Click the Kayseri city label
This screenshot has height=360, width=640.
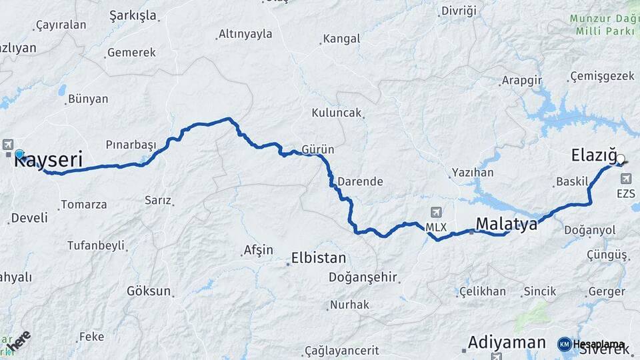(x=48, y=161)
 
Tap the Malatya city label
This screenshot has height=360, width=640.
(x=506, y=224)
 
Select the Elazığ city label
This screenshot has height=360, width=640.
(x=593, y=156)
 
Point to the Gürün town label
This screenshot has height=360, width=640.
(x=318, y=149)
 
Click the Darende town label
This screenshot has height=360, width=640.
(x=360, y=181)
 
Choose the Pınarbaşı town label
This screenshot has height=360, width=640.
(x=131, y=145)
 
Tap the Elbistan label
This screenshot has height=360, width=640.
(x=319, y=258)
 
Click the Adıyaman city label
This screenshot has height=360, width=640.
(x=507, y=343)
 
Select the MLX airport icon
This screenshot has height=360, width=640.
(x=436, y=213)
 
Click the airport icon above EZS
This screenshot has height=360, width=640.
(x=625, y=178)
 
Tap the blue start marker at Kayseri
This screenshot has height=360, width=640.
(x=19, y=154)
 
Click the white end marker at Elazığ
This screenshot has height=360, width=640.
(x=621, y=159)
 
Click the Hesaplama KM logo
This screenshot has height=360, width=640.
(x=565, y=344)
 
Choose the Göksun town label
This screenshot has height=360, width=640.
(x=149, y=291)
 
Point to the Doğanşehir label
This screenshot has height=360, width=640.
(x=363, y=277)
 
